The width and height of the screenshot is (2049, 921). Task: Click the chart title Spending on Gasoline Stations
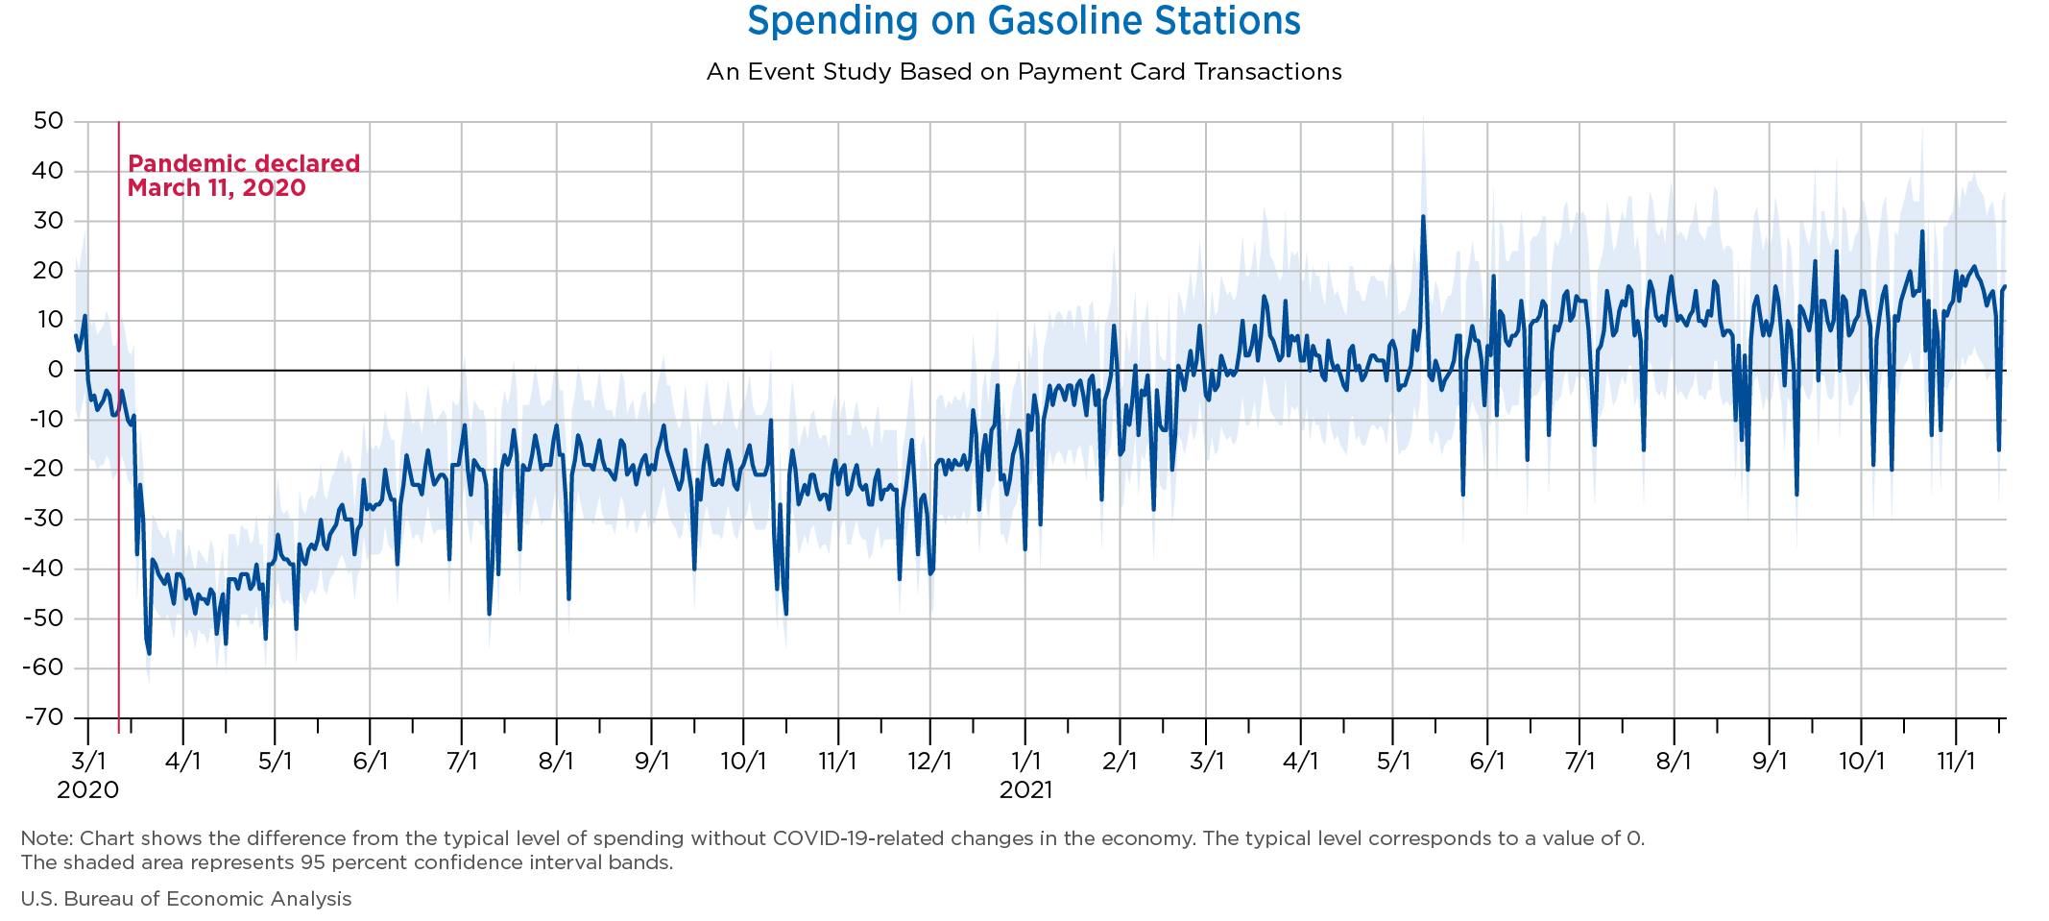point(1024,21)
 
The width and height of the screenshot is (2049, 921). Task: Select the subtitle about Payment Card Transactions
point(1024,72)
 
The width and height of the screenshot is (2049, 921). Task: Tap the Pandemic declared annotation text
point(244,176)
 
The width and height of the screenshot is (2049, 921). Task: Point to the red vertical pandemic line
point(118,427)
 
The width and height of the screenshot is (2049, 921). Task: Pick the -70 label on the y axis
point(43,717)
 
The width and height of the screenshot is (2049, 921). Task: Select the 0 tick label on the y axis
point(56,370)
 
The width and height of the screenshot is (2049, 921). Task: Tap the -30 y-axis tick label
point(43,519)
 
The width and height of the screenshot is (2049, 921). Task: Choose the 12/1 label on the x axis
point(929,762)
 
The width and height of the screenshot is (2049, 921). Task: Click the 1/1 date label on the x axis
point(1025,762)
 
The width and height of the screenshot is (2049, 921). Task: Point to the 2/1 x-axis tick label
point(1120,762)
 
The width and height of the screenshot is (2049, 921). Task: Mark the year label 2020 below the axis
point(88,790)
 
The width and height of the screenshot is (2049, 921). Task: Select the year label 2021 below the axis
point(1025,790)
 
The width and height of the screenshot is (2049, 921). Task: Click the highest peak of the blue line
point(1423,216)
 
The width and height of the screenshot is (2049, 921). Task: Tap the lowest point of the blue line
point(149,653)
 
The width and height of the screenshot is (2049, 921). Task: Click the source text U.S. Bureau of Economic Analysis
point(186,899)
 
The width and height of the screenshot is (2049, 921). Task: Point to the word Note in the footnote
point(45,838)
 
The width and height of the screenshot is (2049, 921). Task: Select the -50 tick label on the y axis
point(43,618)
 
